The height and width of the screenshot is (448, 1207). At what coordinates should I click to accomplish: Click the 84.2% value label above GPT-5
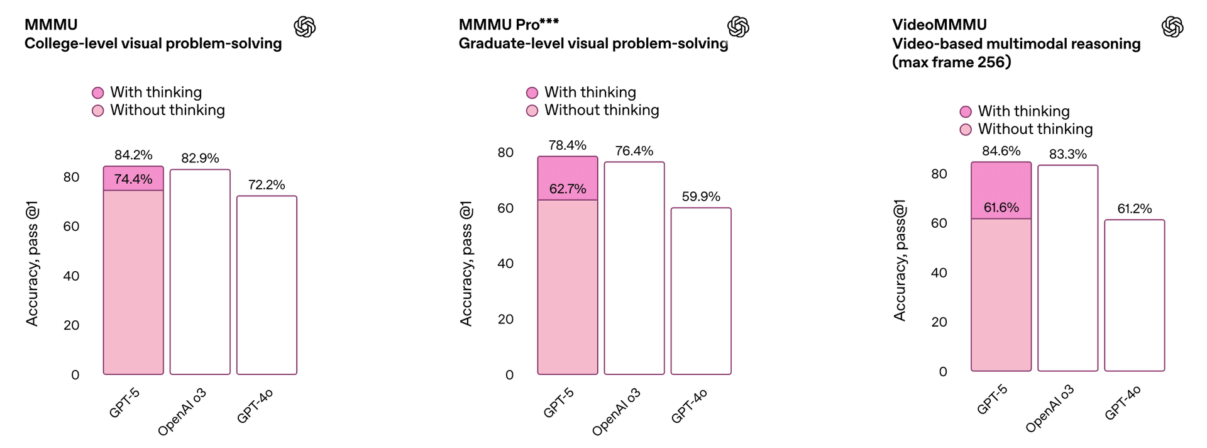(x=133, y=155)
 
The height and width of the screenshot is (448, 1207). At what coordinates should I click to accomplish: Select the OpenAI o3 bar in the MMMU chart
(x=200, y=272)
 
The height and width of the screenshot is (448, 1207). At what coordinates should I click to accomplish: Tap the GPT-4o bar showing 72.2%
(x=267, y=285)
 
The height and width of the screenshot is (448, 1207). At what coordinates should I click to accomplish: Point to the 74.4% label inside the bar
(x=133, y=179)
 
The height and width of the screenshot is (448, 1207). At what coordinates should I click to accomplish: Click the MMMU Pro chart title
(x=509, y=25)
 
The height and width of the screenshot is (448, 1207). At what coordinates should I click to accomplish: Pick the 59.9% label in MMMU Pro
(x=701, y=196)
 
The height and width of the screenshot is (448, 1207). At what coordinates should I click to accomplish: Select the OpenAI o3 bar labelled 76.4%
(x=634, y=268)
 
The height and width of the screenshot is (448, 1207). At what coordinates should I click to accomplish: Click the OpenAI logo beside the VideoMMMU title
(x=1172, y=27)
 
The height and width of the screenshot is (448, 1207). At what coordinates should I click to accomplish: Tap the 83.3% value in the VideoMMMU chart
(x=1067, y=154)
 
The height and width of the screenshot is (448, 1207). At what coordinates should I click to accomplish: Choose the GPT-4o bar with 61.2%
(x=1135, y=295)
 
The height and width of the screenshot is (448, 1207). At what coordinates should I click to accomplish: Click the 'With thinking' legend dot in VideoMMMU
(x=966, y=112)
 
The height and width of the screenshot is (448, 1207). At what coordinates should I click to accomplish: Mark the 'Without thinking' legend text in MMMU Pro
(x=602, y=110)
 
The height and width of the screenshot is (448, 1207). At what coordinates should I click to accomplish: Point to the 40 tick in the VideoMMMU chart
(x=939, y=272)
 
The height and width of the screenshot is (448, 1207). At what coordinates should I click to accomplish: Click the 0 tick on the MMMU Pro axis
(x=509, y=375)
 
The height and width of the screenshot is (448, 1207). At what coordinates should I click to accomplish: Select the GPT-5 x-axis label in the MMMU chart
(x=124, y=403)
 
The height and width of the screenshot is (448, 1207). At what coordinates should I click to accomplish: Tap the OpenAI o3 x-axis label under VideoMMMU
(x=1050, y=409)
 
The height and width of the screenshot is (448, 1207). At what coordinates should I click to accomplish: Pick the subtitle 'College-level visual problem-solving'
(x=153, y=43)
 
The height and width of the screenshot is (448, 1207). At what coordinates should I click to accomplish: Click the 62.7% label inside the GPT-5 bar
(x=568, y=189)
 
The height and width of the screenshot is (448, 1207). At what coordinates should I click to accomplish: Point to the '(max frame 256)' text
(x=952, y=62)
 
